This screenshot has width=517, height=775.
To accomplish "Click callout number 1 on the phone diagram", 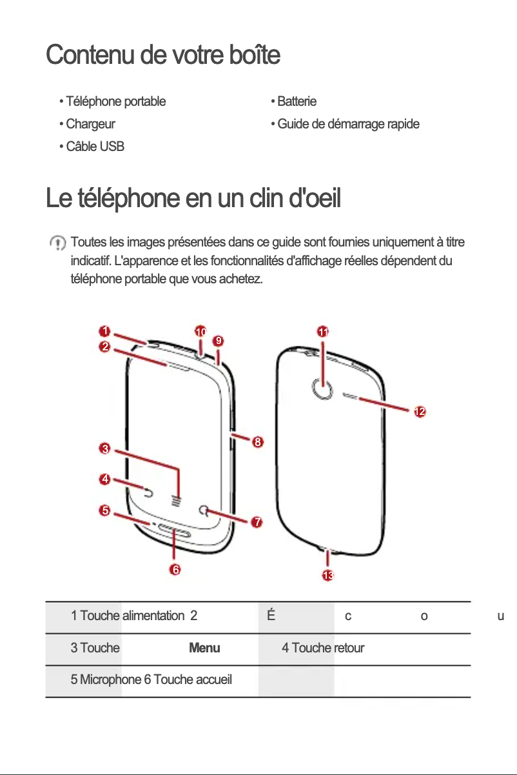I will (102, 331).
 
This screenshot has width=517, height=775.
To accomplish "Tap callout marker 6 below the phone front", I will (175, 569).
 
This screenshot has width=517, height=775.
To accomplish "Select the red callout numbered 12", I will (420, 412).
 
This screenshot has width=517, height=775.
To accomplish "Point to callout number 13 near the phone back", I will (328, 575).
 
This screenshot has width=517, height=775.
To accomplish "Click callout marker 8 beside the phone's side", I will (257, 442).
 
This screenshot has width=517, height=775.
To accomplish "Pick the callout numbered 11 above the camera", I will (323, 332).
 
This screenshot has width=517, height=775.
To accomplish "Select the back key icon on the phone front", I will (149, 494).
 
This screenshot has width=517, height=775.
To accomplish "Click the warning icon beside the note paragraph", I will (58, 243).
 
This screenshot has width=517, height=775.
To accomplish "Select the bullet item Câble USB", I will (95, 146).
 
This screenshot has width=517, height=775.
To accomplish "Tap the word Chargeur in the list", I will (90, 124).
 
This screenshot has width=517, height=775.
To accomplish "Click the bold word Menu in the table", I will (204, 648).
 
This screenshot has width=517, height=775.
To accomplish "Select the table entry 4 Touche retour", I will (322, 648).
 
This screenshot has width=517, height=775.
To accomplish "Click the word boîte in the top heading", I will (251, 55).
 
